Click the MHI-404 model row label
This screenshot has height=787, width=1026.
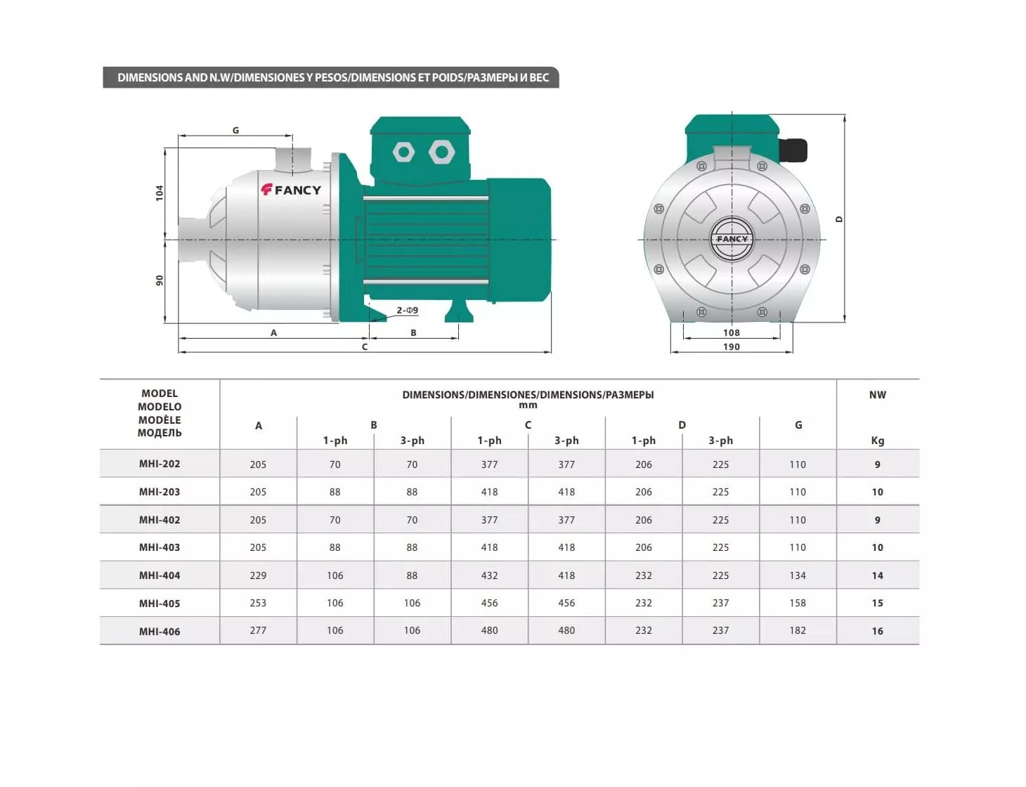click(159, 575)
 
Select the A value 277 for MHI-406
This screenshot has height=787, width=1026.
click(258, 630)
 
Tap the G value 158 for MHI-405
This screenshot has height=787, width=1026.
click(798, 603)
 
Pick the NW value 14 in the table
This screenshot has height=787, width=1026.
click(877, 575)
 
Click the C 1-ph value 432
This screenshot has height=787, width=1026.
click(489, 575)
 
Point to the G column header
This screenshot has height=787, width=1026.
click(798, 425)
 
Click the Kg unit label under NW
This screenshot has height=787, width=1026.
click(877, 441)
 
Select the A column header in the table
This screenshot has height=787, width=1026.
click(259, 426)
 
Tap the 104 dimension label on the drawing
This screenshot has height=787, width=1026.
click(159, 193)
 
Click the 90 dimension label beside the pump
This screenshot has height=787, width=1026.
click(159, 280)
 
